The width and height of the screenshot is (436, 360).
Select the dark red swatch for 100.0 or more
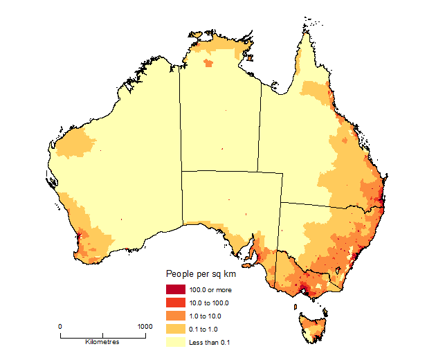(x=175, y=289)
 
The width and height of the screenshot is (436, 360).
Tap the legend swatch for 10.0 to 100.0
(x=175, y=303)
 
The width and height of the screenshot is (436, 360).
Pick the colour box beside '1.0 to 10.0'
(x=175, y=316)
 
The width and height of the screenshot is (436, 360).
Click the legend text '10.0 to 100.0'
(x=209, y=303)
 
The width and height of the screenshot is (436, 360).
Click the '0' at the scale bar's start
(x=60, y=326)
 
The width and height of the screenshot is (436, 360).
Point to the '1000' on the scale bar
(x=144, y=326)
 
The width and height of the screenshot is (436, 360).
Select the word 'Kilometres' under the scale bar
(x=102, y=342)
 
